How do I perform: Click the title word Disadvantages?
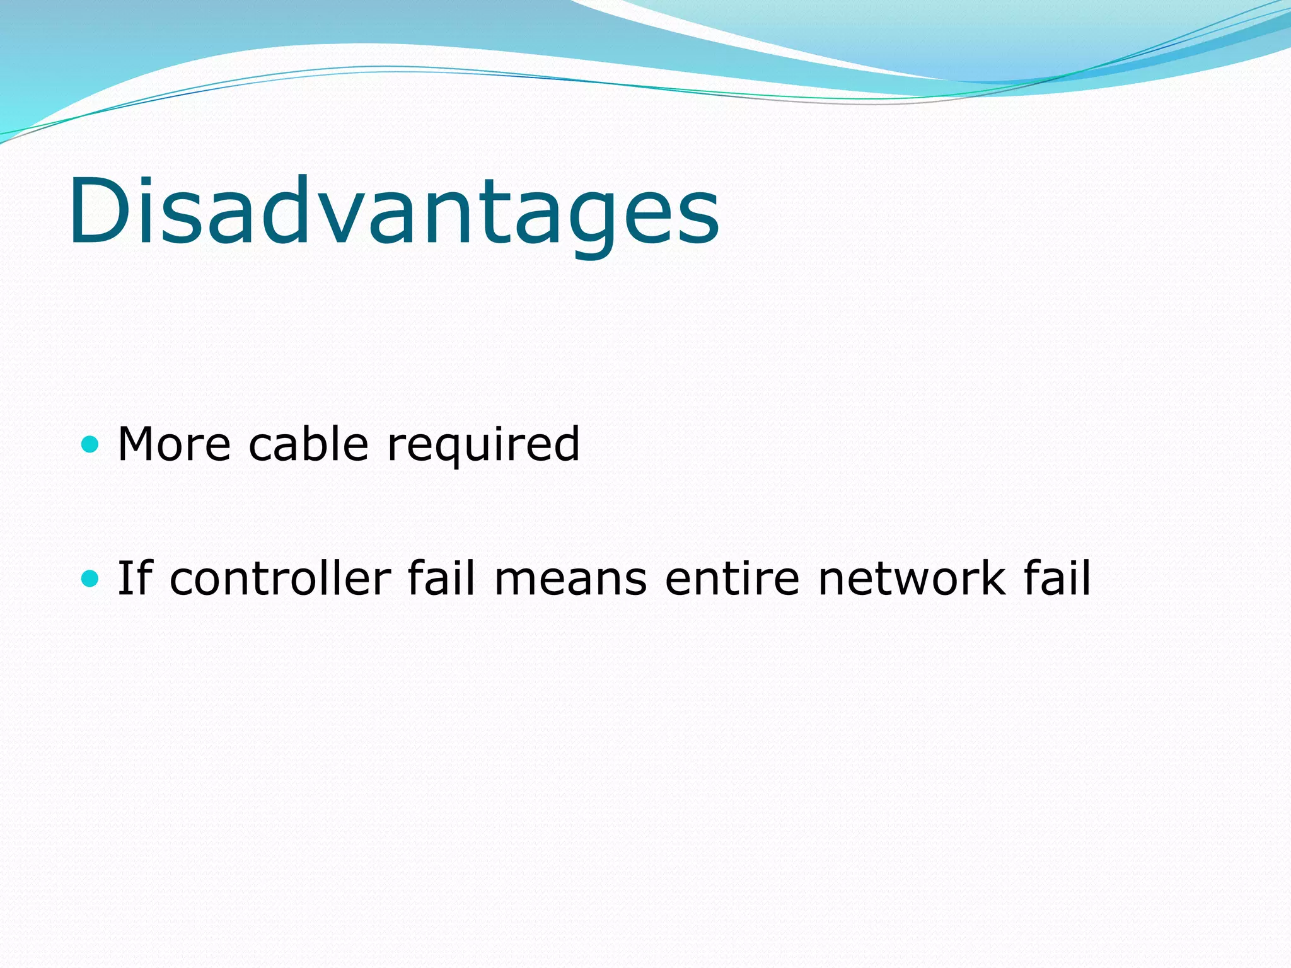pos(394,211)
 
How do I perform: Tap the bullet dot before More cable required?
pos(91,445)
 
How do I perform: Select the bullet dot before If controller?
pos(91,578)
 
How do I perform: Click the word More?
pos(175,445)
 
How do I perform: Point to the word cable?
pos(308,445)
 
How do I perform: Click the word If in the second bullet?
pos(135,578)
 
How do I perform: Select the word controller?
pos(281,578)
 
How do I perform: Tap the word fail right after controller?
pos(441,578)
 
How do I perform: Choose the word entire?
pos(732,578)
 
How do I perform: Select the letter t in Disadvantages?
pos(501,214)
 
